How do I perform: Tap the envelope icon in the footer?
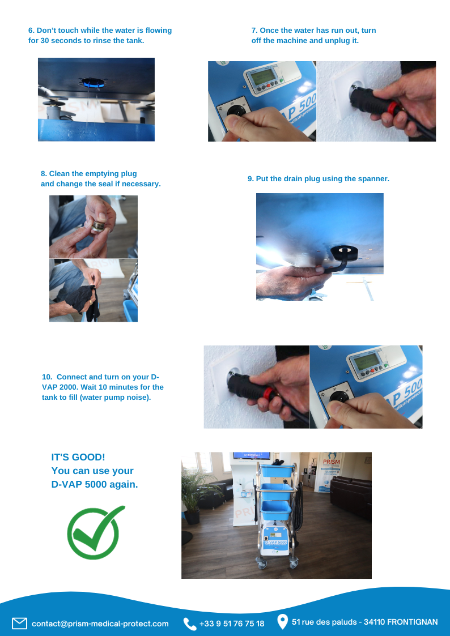(19, 623)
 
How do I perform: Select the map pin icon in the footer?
(282, 621)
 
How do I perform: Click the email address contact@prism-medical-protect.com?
(100, 624)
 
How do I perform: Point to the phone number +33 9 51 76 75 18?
(232, 624)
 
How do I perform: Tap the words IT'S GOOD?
(78, 457)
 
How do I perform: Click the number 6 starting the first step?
(31, 31)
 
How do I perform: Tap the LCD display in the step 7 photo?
(260, 76)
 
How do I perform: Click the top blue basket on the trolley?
(277, 471)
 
